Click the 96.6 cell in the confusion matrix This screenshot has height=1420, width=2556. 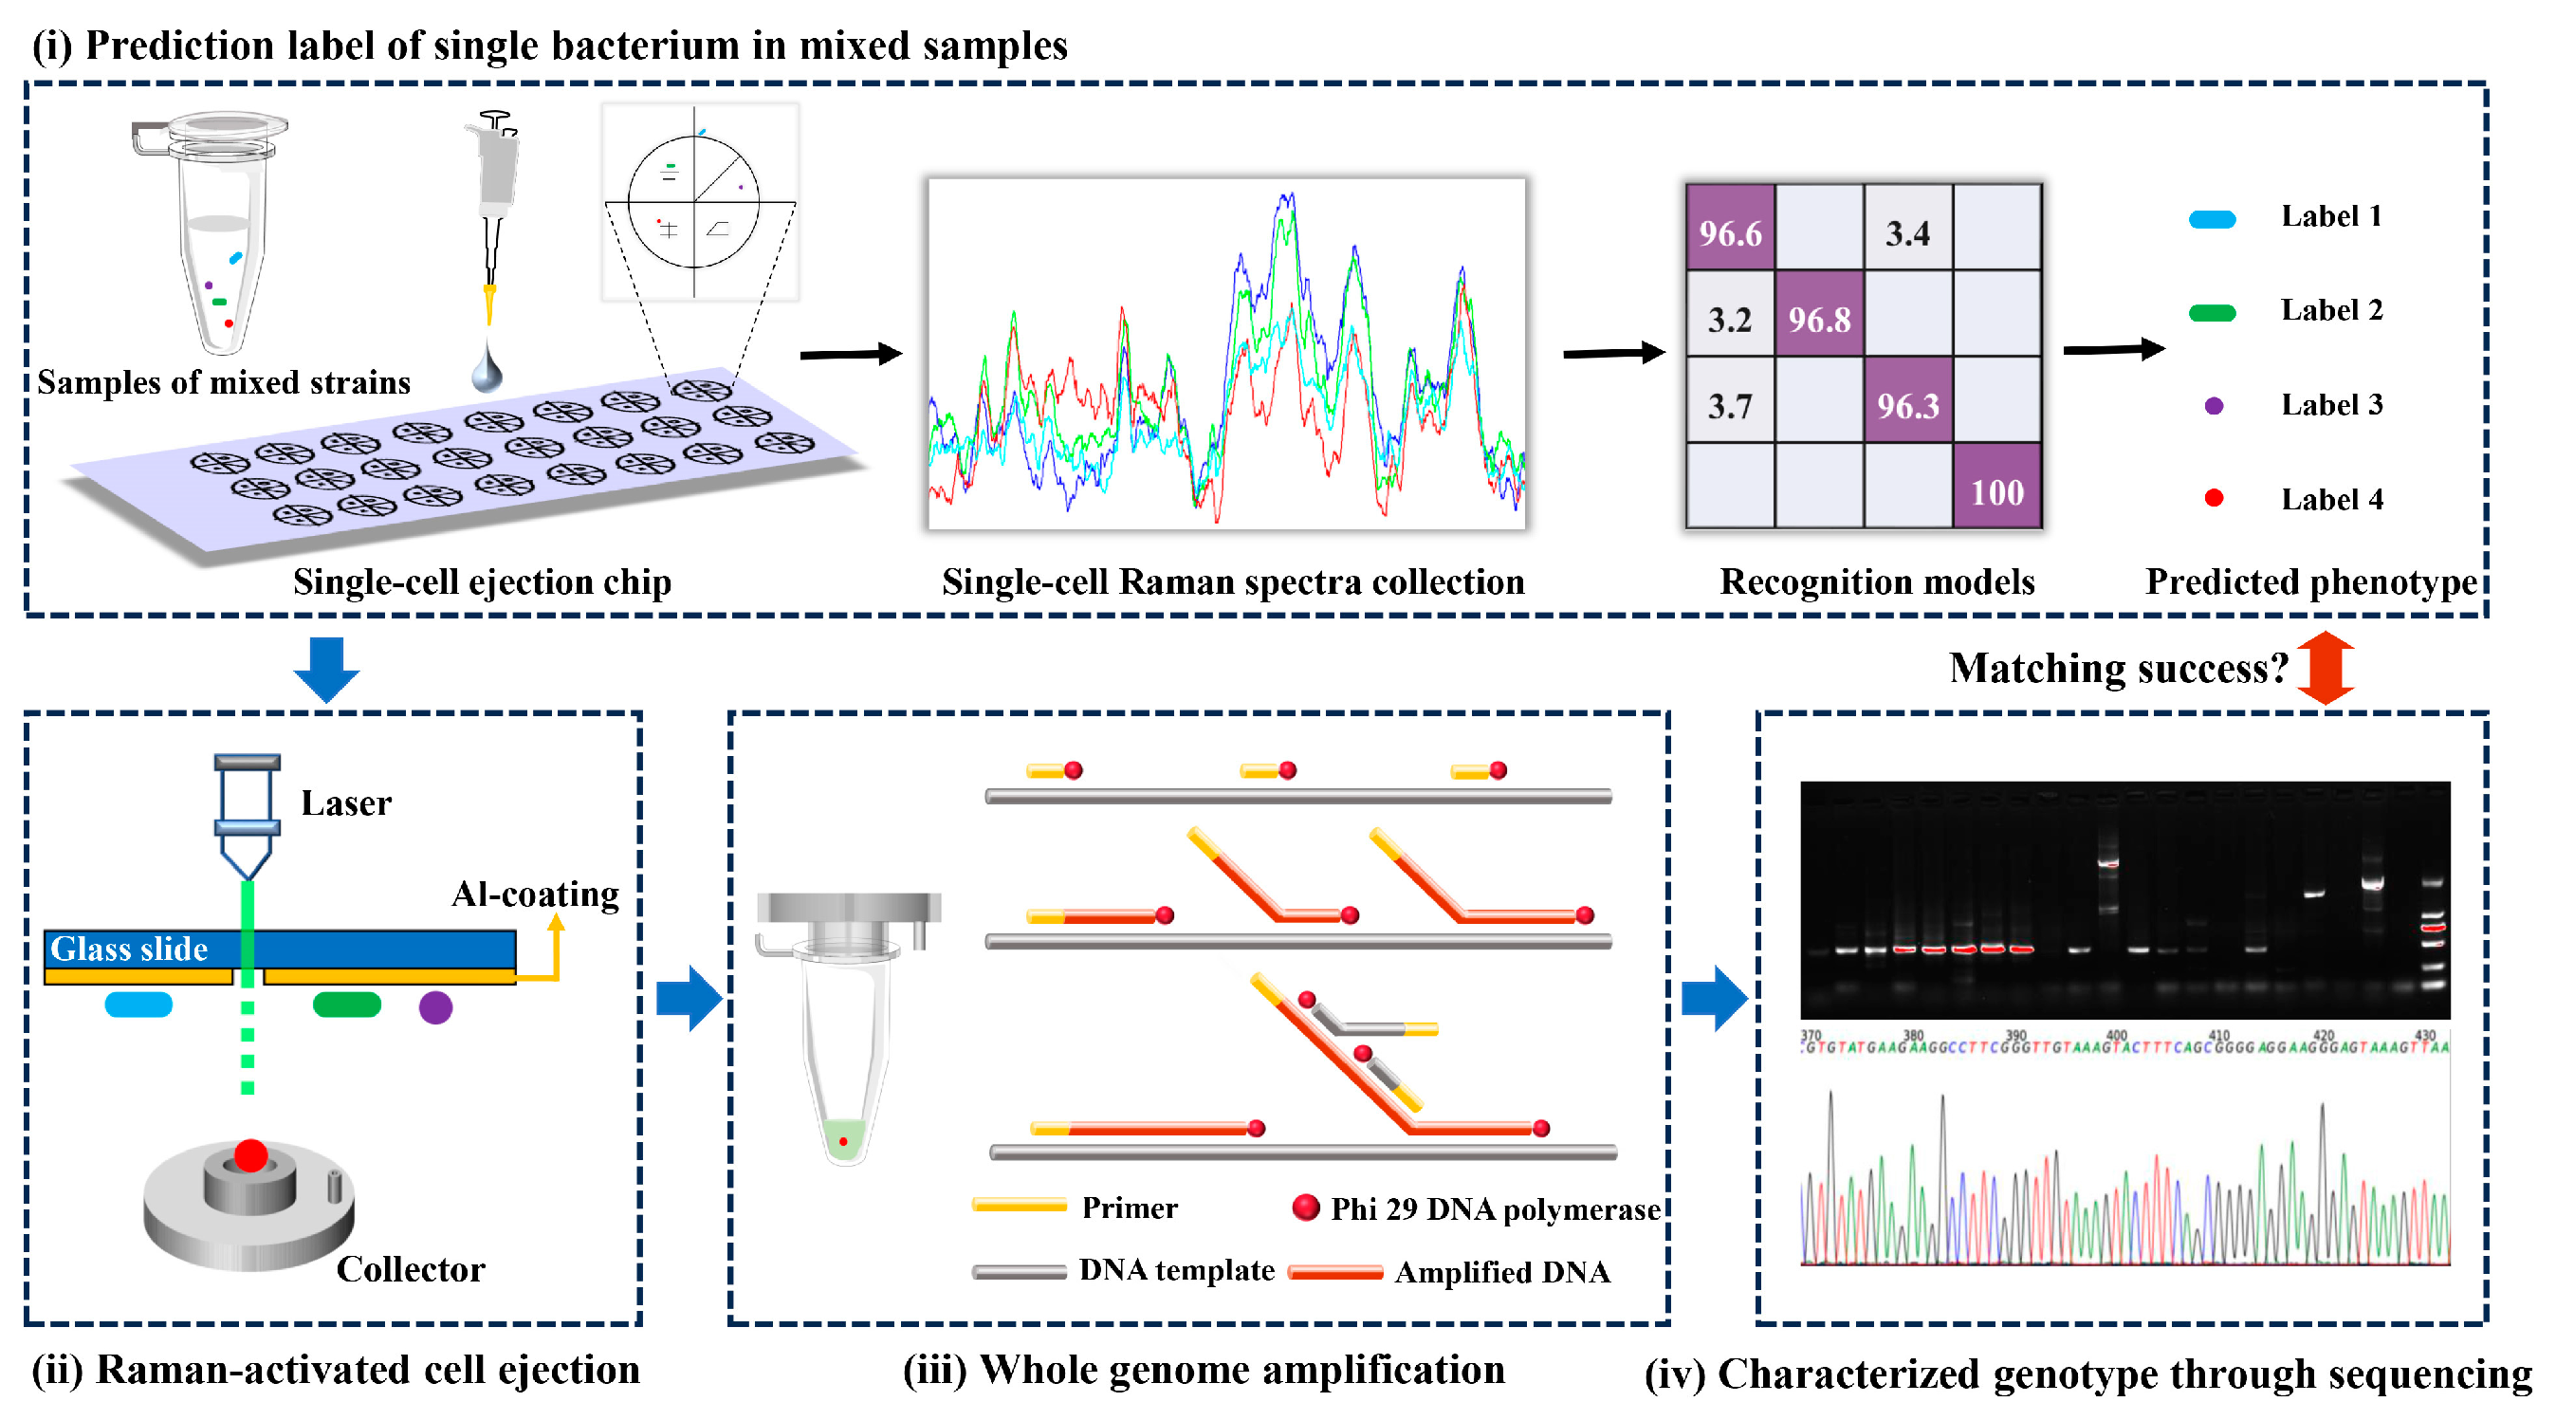[x=1730, y=233]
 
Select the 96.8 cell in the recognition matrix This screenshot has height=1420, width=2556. [x=1819, y=320]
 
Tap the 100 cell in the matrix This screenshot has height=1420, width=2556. [x=1996, y=492]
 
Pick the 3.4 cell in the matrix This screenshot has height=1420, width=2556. [x=1907, y=233]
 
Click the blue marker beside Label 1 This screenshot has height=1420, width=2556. [x=2212, y=219]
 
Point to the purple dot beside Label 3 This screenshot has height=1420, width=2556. [x=2213, y=406]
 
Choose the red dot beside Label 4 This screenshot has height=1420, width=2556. [x=2213, y=498]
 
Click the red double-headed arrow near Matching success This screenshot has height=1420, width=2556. [x=2325, y=668]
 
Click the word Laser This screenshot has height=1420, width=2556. [x=346, y=802]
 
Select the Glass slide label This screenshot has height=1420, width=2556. [x=129, y=949]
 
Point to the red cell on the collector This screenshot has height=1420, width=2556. [x=251, y=1155]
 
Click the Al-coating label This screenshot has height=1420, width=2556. [x=535, y=894]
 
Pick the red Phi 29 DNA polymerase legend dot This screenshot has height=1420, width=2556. [x=1306, y=1207]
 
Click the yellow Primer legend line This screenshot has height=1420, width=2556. [x=1019, y=1206]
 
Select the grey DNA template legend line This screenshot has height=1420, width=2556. [x=1019, y=1271]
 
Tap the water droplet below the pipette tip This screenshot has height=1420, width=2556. [x=487, y=372]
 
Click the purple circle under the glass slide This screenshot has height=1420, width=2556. [x=435, y=1007]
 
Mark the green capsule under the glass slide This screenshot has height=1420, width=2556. [x=346, y=1005]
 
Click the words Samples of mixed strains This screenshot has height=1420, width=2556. [x=223, y=382]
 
